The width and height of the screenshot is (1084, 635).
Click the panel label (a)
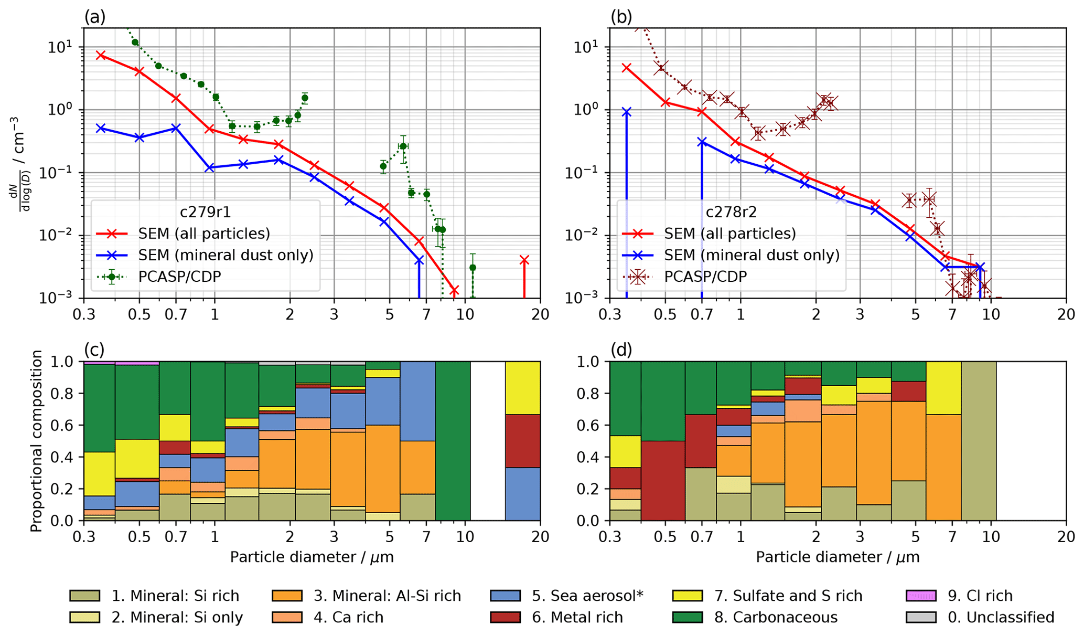(x=95, y=17)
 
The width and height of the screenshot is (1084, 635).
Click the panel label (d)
(x=621, y=350)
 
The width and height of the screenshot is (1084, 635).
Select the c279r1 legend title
(x=205, y=212)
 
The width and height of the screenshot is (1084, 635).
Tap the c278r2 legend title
(x=731, y=212)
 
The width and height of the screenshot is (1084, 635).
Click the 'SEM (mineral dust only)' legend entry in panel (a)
(x=226, y=255)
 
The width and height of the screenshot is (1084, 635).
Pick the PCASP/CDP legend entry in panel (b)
(x=705, y=277)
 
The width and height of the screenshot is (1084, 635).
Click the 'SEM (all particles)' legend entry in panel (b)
(x=730, y=234)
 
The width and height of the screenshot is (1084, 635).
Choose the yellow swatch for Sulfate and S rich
(x=687, y=596)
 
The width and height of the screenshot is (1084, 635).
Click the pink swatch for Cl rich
(x=921, y=596)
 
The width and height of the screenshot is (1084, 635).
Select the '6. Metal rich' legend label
(x=577, y=618)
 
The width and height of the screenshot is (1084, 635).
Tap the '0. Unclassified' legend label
(x=1001, y=618)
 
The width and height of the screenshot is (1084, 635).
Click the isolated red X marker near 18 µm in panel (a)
(x=524, y=260)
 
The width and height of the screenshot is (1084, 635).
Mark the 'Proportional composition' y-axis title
(x=36, y=441)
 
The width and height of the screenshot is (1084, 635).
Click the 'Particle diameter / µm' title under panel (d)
(x=838, y=557)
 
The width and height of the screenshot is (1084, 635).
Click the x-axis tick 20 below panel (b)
(x=1065, y=315)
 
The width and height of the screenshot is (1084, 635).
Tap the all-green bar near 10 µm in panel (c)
(x=453, y=441)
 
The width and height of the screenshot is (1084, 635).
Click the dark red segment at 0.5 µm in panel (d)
(x=663, y=480)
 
